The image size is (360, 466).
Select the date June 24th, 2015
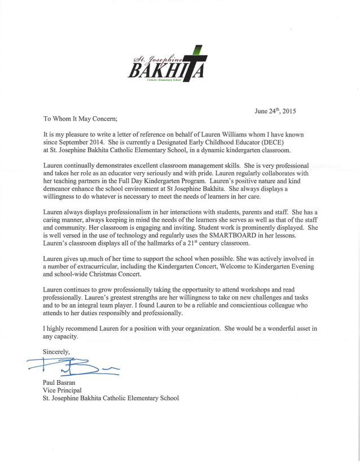275,111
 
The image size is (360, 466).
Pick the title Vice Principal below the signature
62,390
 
